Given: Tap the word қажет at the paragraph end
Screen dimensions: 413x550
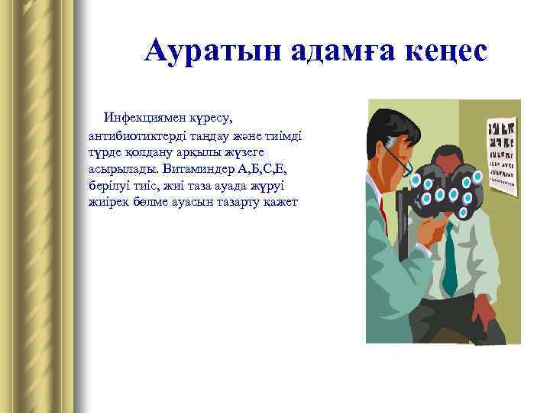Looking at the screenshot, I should click(280, 201).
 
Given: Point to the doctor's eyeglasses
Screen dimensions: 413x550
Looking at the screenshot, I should click(400, 159).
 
